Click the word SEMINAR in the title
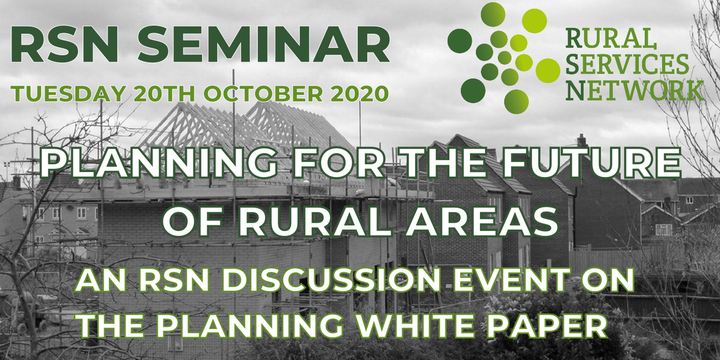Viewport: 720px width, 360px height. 264,45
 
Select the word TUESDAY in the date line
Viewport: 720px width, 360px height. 68,94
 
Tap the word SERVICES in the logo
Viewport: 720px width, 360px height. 627,64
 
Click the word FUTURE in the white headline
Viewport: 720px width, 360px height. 591,163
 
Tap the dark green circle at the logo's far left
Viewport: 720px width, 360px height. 459,41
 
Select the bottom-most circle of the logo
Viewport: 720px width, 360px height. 517,102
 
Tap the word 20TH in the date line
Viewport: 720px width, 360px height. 164,94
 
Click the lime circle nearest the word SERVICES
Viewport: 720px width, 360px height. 548,70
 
